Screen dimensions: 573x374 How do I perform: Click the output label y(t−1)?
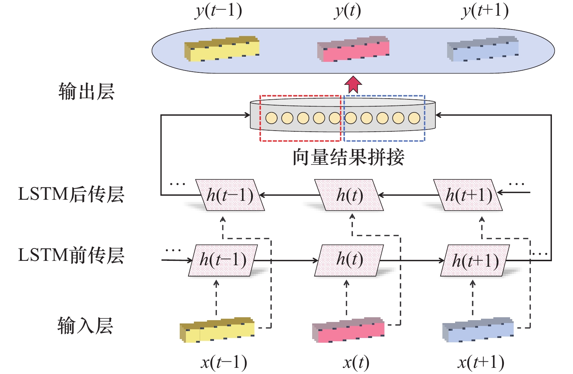[218, 11]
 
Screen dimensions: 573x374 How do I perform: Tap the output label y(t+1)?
[485, 11]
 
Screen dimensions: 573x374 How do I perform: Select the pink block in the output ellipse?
[353, 49]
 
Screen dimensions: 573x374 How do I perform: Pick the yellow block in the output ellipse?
[222, 49]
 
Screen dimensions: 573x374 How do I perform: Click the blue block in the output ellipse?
[483, 49]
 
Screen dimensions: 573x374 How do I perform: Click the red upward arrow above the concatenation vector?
[353, 84]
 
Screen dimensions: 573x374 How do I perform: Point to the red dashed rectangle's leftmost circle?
[271, 118]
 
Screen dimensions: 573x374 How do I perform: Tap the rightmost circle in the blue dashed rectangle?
[414, 118]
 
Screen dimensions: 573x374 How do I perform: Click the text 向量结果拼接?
[349, 157]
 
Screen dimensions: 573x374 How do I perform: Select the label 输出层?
[87, 91]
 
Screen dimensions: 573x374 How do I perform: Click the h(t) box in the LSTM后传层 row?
[349, 195]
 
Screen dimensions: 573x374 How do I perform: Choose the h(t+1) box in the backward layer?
[468, 195]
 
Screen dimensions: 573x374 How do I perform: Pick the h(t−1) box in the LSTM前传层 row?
[223, 260]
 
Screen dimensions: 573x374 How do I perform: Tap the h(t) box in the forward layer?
[349, 260]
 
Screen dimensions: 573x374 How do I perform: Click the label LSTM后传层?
[71, 194]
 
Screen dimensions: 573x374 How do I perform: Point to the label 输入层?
[85, 326]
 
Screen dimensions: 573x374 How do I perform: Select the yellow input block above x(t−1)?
[217, 330]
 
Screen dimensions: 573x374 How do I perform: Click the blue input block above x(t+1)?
[478, 330]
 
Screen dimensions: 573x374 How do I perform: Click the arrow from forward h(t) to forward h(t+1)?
[412, 261]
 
